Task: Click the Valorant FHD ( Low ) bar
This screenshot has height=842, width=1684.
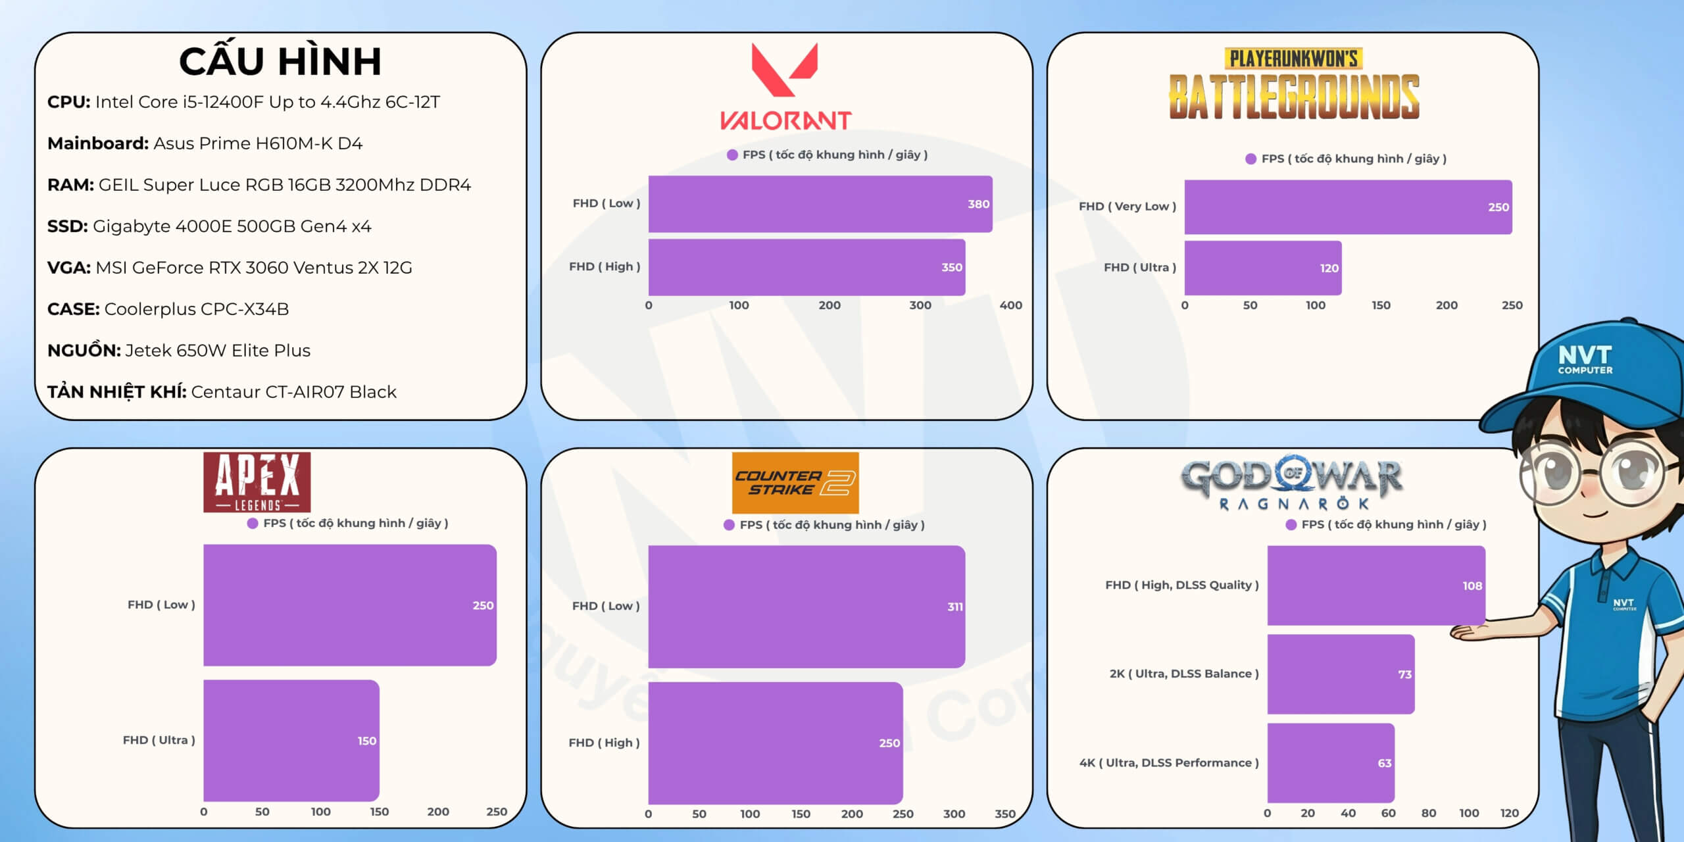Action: [x=820, y=204]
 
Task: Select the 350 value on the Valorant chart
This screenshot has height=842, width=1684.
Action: [x=951, y=267]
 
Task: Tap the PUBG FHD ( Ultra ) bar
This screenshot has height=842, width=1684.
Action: [x=1262, y=268]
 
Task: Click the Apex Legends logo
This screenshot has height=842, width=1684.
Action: [x=257, y=482]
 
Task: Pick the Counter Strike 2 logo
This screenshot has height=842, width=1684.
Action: [x=795, y=483]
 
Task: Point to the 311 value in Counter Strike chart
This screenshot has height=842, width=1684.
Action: [x=954, y=607]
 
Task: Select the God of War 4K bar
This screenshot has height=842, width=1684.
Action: [x=1330, y=763]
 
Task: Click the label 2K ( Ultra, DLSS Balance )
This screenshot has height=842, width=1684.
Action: [x=1183, y=674]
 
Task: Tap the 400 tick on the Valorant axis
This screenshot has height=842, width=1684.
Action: [x=1010, y=305]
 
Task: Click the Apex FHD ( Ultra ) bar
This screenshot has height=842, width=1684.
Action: [x=291, y=741]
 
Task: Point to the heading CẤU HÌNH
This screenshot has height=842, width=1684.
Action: [x=280, y=61]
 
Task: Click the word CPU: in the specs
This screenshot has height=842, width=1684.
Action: [x=68, y=102]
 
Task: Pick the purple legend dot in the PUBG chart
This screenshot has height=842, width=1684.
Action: [x=1251, y=159]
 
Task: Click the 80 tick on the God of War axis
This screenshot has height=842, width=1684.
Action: [x=1428, y=813]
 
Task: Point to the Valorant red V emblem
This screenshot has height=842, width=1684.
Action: [x=784, y=68]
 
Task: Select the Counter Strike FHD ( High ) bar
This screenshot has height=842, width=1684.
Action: [x=775, y=743]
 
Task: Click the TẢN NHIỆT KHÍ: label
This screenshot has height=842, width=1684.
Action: [x=116, y=392]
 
